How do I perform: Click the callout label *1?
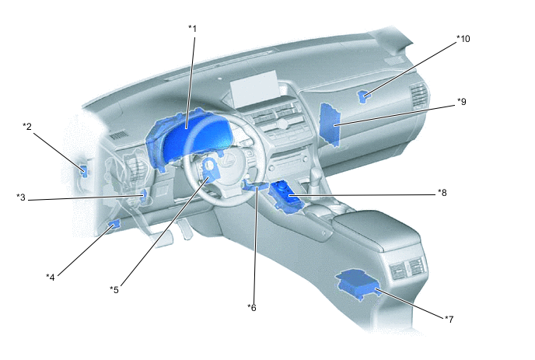[x=192, y=29]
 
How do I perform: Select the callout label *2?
[x=26, y=127]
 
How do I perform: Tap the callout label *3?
[x=22, y=197]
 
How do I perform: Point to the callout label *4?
[x=50, y=276]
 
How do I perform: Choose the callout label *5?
[x=114, y=289]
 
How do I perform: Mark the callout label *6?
[x=251, y=307]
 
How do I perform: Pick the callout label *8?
[x=442, y=192]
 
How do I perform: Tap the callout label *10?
[x=463, y=38]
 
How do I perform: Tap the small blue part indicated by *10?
[x=364, y=96]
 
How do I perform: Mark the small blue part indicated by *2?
[x=83, y=172]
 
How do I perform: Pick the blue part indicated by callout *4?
[x=115, y=225]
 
